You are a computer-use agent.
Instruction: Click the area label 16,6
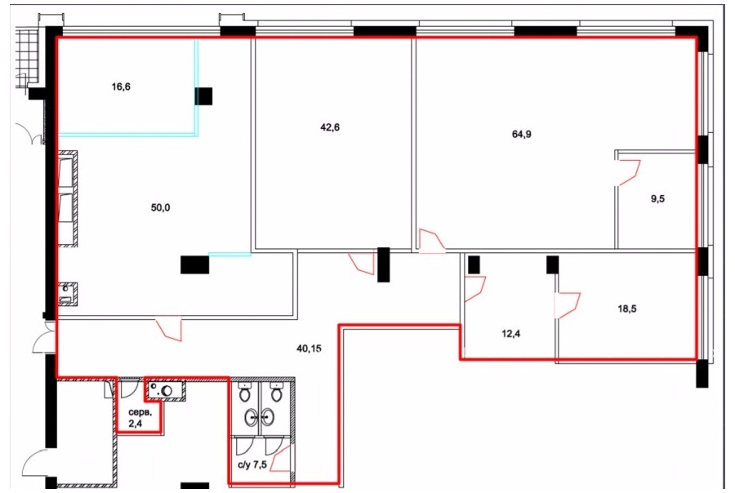(121, 87)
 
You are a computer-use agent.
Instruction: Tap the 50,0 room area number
(160, 207)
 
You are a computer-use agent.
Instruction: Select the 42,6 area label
(330, 127)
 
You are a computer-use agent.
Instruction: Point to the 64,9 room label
(522, 134)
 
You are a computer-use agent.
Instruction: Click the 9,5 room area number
(657, 198)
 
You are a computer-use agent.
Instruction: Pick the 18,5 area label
(627, 309)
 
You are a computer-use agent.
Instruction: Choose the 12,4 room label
(511, 334)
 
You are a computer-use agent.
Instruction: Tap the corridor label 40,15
(310, 349)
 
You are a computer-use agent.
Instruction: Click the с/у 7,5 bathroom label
(252, 464)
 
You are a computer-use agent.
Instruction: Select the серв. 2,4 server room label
(140, 419)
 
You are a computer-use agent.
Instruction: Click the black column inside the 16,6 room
(203, 96)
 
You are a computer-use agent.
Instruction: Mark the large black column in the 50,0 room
(195, 264)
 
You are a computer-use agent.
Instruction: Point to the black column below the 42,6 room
(384, 264)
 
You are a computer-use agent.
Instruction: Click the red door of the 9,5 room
(628, 172)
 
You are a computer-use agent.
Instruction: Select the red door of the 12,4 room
(474, 289)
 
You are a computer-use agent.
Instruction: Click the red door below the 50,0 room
(169, 328)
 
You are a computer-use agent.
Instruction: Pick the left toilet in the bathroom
(245, 392)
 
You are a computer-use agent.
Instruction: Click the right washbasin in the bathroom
(267, 417)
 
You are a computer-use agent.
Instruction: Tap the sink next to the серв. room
(166, 389)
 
